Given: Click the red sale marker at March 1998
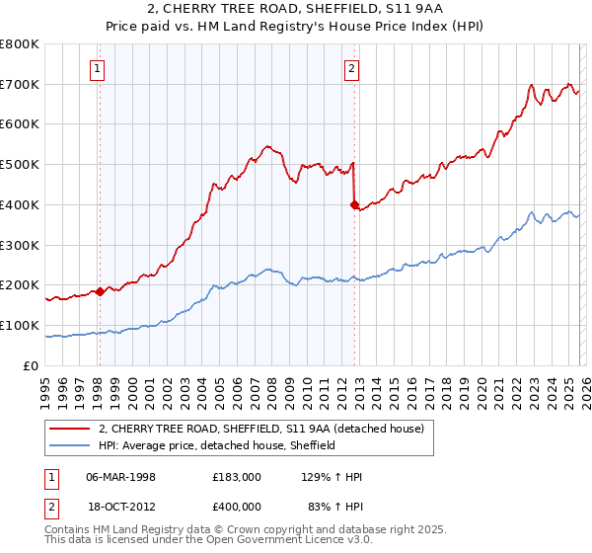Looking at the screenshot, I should tap(100, 291).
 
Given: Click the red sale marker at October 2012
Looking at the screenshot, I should tap(354, 204).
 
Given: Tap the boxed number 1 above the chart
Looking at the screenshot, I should tap(100, 68).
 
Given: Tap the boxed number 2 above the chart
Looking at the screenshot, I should tap(352, 68).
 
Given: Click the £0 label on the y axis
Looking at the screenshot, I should tap(32, 365).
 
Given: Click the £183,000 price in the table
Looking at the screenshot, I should tap(236, 477).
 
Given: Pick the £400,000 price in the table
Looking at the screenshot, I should tap(236, 507).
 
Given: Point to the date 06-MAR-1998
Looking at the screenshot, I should tap(121, 477).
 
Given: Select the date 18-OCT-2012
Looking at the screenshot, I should tap(121, 507).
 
